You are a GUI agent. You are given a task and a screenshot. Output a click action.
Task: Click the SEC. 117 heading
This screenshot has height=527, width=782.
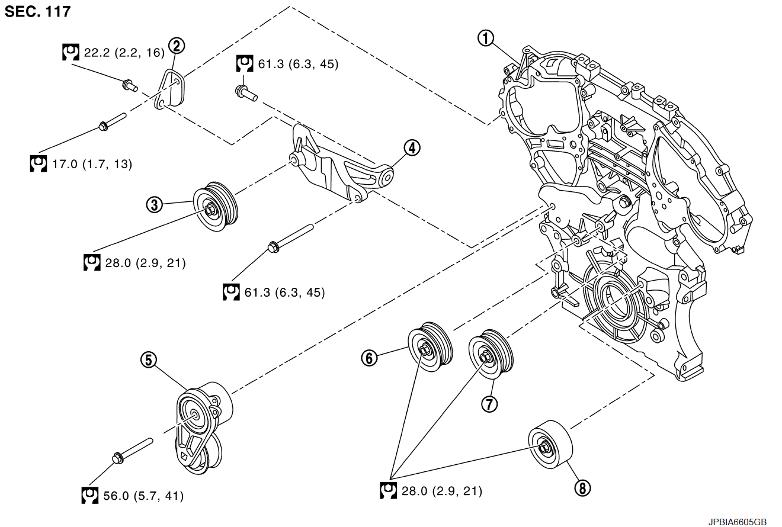coord(37,11)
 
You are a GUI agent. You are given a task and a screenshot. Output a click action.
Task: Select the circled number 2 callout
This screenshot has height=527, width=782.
coord(176,44)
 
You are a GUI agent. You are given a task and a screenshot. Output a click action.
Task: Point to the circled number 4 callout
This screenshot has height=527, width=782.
coord(412,147)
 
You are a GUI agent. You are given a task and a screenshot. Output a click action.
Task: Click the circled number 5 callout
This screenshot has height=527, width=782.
coord(148,359)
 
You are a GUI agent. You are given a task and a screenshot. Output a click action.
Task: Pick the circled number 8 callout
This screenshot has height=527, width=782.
coord(582,487)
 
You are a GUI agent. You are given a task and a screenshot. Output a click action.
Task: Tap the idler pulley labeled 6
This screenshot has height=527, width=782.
coord(431,348)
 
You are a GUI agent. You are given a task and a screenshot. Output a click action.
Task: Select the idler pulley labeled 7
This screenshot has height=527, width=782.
coord(491,355)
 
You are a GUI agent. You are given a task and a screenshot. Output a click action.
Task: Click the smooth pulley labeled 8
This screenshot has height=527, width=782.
coord(551,446)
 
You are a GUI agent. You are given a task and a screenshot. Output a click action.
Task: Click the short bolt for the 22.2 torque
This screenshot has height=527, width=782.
coord(129,86)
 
